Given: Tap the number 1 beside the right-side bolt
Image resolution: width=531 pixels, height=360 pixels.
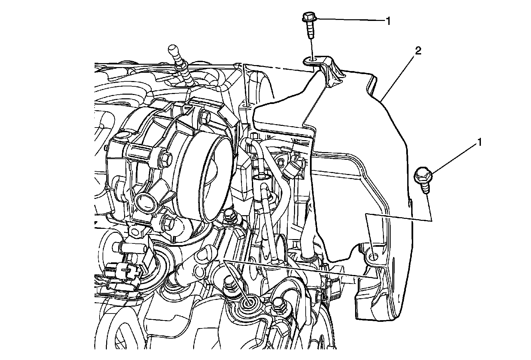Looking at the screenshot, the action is tap(479, 143).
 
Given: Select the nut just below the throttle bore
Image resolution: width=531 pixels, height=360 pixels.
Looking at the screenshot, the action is tap(229, 216).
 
